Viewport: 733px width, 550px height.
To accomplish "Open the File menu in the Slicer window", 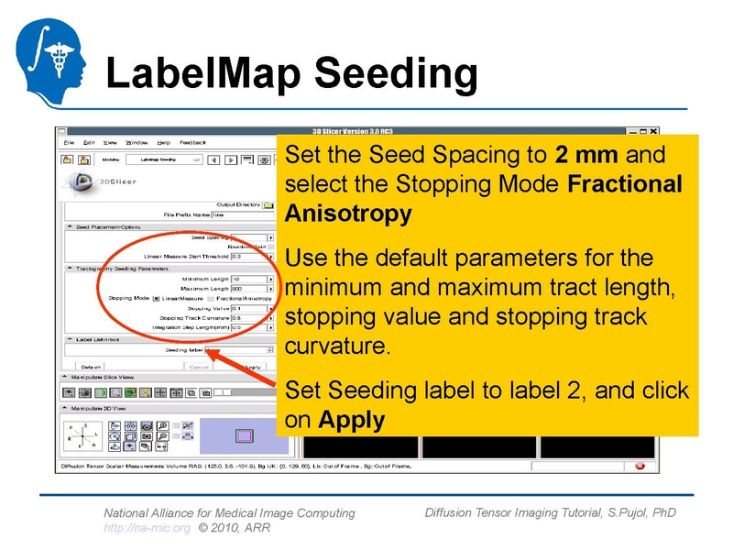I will click(x=69, y=142).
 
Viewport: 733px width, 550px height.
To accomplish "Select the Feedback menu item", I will click(x=192, y=142).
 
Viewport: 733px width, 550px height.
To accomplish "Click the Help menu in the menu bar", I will click(x=163, y=142).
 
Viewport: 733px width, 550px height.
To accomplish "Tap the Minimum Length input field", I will click(x=248, y=279).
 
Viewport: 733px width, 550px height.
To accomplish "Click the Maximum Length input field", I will click(x=248, y=289).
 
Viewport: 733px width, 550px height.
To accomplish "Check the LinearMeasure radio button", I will click(x=158, y=299).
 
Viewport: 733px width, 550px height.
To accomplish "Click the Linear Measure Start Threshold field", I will click(x=248, y=258).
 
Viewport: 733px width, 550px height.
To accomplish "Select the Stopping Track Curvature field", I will click(x=248, y=318).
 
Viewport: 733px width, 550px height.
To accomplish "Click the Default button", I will click(x=93, y=366).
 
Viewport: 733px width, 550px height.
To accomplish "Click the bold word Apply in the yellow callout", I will click(x=351, y=420).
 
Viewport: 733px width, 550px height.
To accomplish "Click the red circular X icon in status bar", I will click(x=640, y=466).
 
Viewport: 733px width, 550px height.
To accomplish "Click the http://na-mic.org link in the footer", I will click(x=147, y=528).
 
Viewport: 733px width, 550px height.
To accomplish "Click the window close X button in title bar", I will click(x=652, y=132).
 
